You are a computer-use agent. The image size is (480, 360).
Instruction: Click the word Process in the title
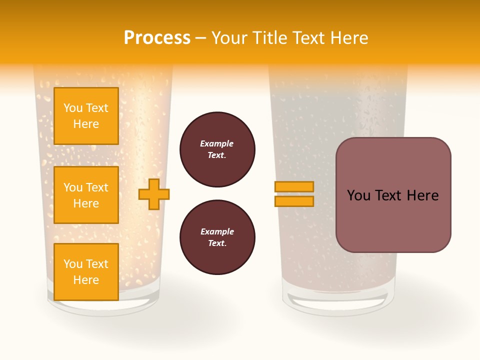tap(157, 38)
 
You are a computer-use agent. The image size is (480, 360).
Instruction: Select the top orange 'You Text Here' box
tap(86, 116)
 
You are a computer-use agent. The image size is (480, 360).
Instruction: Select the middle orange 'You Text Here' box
tap(86, 195)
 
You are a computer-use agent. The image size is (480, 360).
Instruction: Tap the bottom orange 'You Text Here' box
tap(86, 272)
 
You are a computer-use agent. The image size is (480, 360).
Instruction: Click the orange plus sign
tap(154, 194)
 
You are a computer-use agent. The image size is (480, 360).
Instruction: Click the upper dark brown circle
tap(217, 149)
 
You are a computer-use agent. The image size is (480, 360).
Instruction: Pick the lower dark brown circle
tap(217, 237)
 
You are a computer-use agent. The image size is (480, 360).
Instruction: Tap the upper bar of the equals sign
tap(294, 186)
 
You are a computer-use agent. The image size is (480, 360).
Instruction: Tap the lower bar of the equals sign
tap(294, 201)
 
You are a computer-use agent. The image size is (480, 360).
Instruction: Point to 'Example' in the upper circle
tap(217, 143)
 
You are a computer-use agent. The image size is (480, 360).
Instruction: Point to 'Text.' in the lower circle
tap(217, 243)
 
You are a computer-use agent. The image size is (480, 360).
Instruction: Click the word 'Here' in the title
tap(350, 38)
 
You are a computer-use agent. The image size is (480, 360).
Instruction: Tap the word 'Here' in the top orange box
tap(86, 124)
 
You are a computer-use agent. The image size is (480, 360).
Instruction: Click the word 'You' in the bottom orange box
tap(73, 264)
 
